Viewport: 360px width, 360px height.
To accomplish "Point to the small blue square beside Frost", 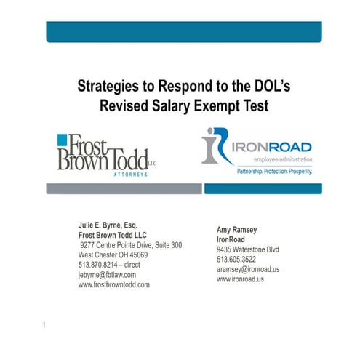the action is click(x=64, y=141).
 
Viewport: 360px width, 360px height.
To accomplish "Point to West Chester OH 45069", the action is click(x=113, y=255).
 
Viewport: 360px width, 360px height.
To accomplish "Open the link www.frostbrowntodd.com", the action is click(x=113, y=284).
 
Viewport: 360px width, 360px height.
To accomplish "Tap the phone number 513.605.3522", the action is click(x=236, y=260).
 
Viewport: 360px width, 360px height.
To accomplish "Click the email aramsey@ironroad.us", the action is click(x=248, y=269).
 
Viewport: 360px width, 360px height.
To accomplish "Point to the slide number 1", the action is click(x=44, y=324).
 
